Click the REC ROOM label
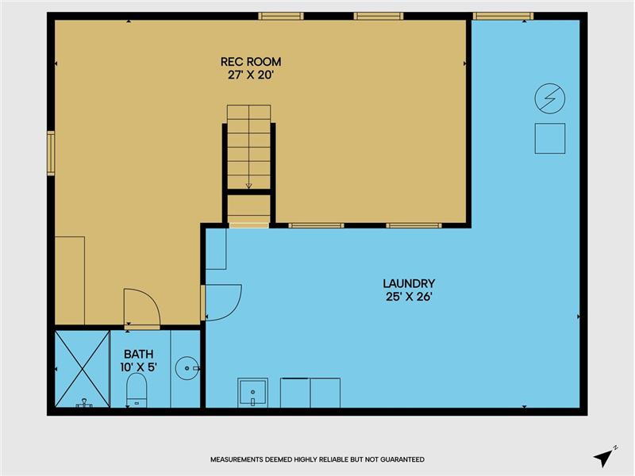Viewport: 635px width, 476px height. point(251,62)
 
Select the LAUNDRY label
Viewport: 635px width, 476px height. point(409,283)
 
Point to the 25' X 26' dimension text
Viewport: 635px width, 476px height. point(409,297)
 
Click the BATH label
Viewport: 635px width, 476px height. point(138,354)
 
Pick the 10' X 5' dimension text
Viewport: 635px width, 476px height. point(138,367)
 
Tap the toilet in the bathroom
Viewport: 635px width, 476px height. point(137,390)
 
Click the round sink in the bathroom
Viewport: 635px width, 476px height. point(187,368)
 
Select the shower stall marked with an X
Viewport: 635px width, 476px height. point(83,369)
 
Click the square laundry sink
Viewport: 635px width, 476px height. point(252,393)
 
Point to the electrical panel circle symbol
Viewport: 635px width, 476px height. point(550,98)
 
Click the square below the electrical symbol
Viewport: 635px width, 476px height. point(550,138)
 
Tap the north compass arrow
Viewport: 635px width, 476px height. point(603,459)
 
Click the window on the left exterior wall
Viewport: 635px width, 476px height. point(51,153)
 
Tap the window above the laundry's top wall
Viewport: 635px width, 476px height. point(503,16)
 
